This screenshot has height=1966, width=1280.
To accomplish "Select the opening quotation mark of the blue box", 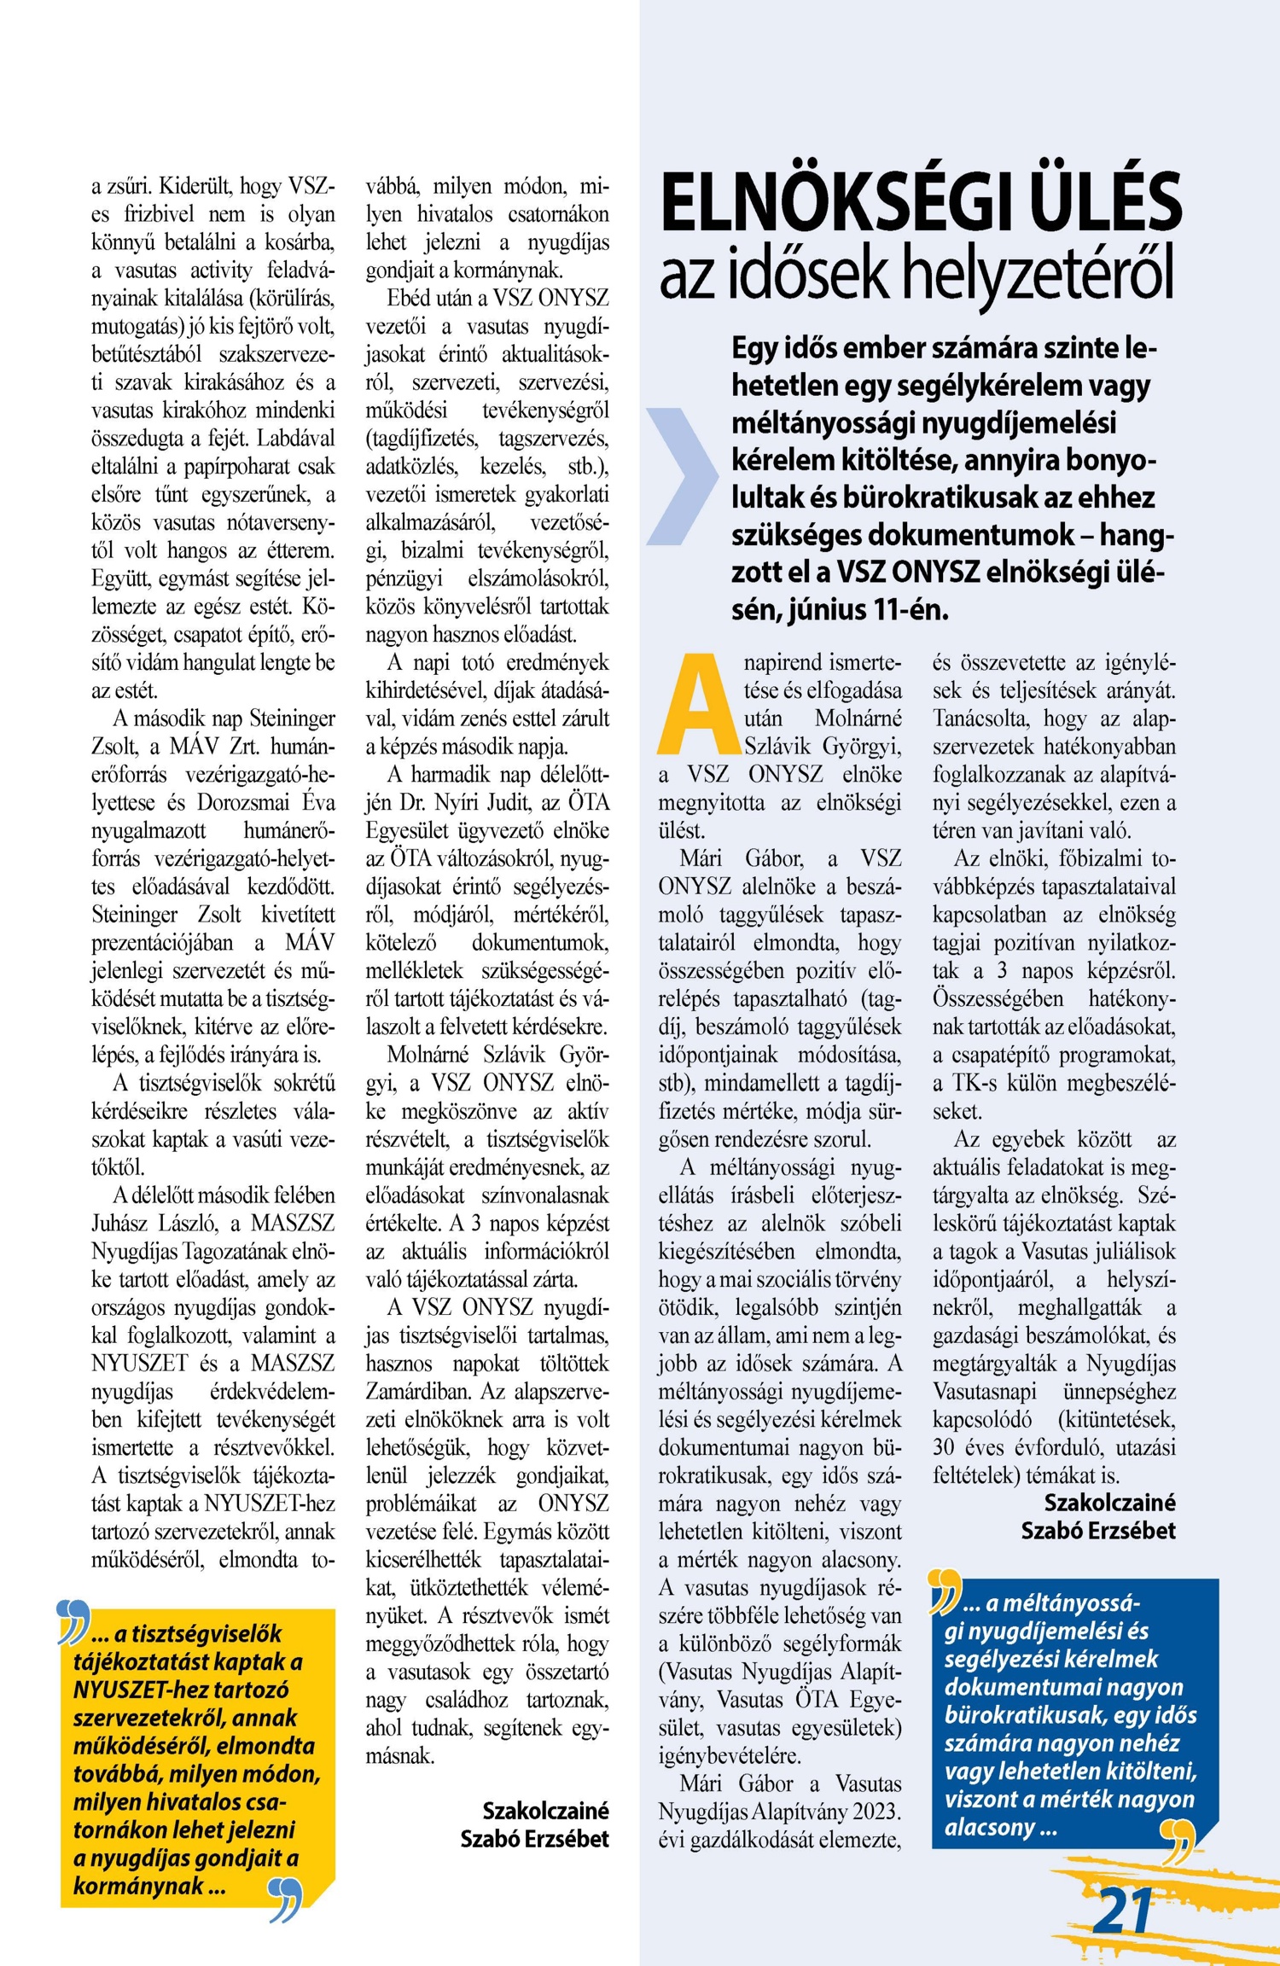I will [945, 1591].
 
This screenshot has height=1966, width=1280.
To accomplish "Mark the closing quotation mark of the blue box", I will [1178, 1841].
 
